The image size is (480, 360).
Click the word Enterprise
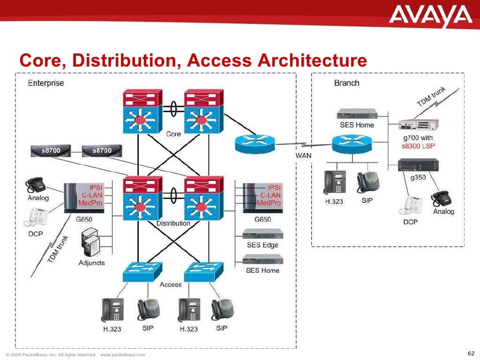point(46,83)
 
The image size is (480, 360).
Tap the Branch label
point(346,83)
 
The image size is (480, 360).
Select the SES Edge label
point(262,245)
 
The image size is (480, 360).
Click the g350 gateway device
point(418,165)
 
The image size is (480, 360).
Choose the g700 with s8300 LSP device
point(418,124)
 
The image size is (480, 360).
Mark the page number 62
point(471,353)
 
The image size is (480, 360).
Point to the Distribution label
point(173,223)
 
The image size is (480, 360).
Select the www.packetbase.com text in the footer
point(123,355)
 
